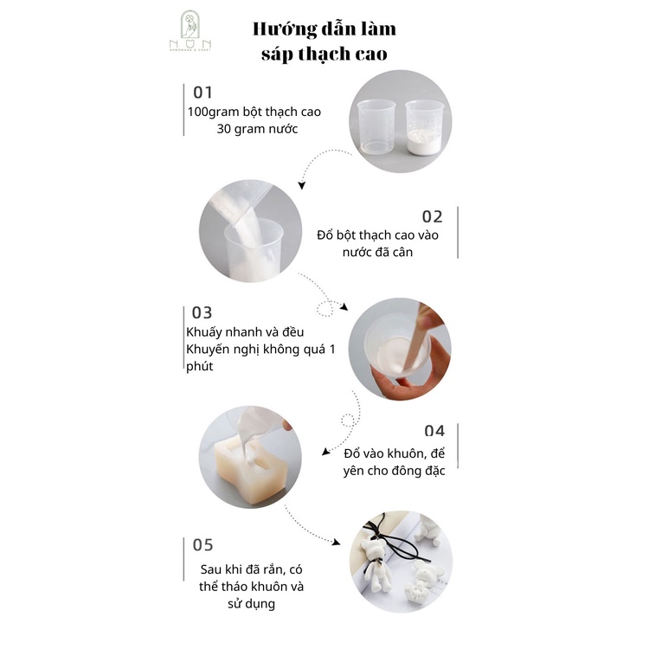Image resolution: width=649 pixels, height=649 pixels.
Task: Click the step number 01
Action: pyautogui.click(x=202, y=92)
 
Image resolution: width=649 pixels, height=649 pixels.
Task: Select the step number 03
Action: pyautogui.click(x=202, y=312)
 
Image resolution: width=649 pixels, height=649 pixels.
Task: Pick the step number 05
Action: pyautogui.click(x=202, y=545)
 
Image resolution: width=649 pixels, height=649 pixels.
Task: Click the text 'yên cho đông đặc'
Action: pyautogui.click(x=393, y=472)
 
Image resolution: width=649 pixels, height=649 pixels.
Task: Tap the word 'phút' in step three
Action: pyautogui.click(x=202, y=367)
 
